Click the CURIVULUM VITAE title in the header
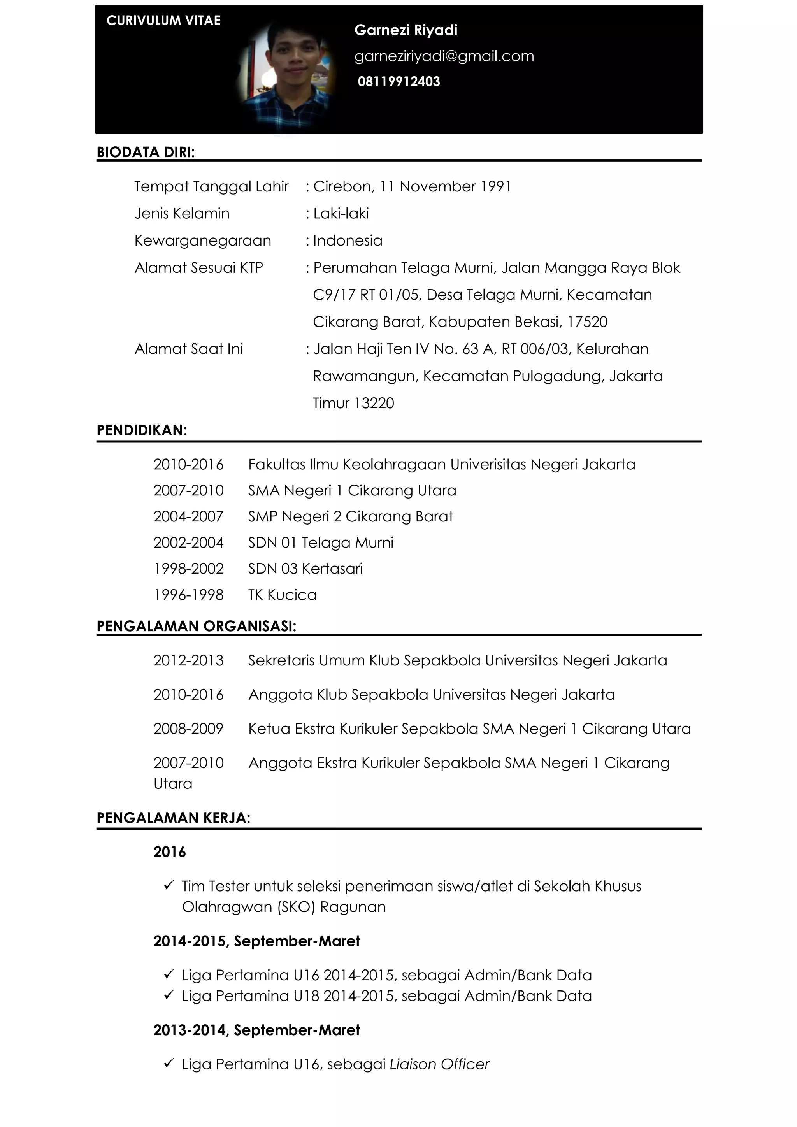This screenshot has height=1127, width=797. [163, 21]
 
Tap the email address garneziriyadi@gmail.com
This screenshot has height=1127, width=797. [444, 56]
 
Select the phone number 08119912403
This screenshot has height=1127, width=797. [398, 81]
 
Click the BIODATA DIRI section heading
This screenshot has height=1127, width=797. [146, 152]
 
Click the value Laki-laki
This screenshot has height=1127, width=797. [341, 214]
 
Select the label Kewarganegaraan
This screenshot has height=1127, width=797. [203, 240]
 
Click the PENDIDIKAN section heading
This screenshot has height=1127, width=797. [142, 430]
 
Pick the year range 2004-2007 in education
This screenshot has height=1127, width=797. [188, 516]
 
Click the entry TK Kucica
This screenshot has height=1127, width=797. [282, 595]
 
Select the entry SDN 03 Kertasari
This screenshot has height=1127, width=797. [305, 569]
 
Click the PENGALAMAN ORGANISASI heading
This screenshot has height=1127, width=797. [196, 626]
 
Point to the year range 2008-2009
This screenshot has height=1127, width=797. [188, 729]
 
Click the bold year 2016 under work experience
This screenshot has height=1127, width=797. [169, 852]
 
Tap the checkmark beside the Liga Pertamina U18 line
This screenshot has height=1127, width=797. [169, 995]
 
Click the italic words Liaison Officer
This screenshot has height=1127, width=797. [439, 1064]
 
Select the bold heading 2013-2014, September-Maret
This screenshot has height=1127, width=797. [256, 1030]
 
